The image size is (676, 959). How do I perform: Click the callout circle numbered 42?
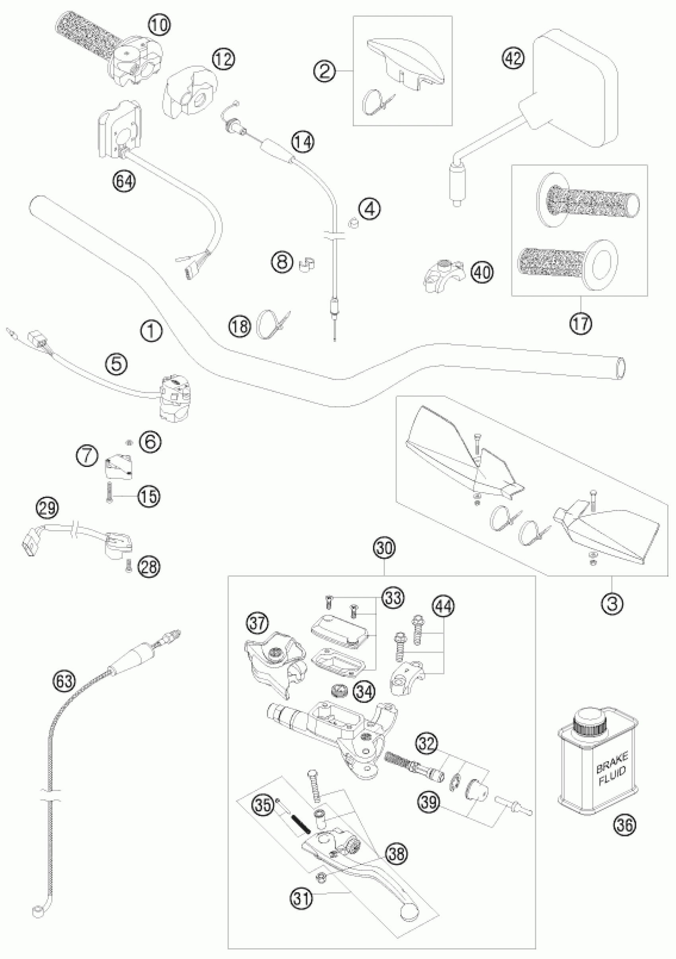pyautogui.click(x=513, y=58)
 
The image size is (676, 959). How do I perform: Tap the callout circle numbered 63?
pyautogui.click(x=65, y=681)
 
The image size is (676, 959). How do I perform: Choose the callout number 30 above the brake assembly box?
pyautogui.click(x=384, y=548)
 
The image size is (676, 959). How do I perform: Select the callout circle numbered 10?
pyautogui.click(x=159, y=25)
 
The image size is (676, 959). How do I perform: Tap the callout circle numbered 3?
pyautogui.click(x=612, y=603)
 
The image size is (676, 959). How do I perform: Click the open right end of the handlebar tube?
pyautogui.click(x=621, y=368)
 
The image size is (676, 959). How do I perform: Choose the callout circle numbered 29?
pyautogui.click(x=47, y=508)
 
